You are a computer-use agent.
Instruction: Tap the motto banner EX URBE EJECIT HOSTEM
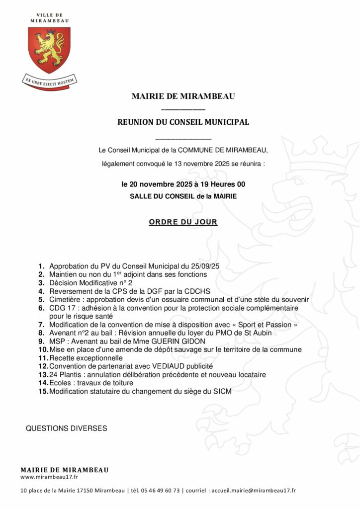pos(49,79)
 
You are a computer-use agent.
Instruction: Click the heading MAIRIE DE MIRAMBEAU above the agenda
pos(183,96)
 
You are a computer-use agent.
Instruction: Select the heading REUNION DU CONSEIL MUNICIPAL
pos(183,122)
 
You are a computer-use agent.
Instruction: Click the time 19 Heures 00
pos(222,184)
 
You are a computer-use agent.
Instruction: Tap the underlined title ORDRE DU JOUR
pos(183,222)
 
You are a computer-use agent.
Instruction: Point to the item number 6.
pos(41,308)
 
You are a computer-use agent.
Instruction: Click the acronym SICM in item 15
pos(222,392)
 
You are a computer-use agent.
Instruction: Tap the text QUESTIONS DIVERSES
pos(66,428)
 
